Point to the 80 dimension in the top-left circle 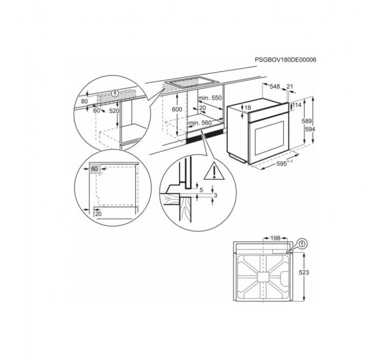point(85,102)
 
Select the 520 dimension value point(114,110)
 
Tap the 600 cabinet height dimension point(177,109)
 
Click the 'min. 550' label point(209,98)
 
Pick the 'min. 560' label point(200,123)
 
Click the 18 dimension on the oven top point(248,108)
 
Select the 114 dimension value point(297,105)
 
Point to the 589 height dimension point(308,122)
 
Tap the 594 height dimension point(309,130)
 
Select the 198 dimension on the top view point(275,237)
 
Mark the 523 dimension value point(304,273)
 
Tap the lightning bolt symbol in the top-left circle point(117,93)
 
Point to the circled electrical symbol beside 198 point(302,242)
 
